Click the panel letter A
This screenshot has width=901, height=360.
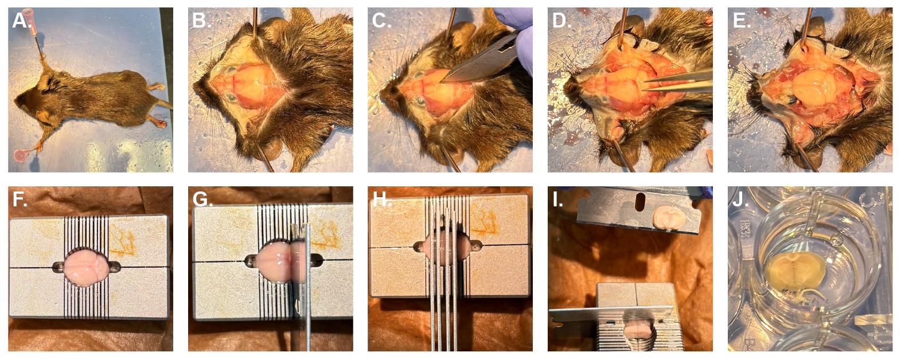tap(21, 21)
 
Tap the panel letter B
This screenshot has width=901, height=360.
tap(201, 21)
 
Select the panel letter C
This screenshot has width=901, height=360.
tap(381, 21)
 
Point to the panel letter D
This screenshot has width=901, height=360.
tap(561, 21)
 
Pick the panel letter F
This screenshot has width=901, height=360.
tap(19, 199)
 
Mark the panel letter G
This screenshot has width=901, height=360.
tap(202, 199)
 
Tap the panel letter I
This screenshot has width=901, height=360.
tap(557, 199)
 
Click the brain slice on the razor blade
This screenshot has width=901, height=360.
tap(666, 218)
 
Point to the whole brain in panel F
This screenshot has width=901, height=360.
tap(86, 267)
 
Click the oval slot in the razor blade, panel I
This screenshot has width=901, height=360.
tap(639, 202)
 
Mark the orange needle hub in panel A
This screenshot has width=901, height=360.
tap(32, 20)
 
